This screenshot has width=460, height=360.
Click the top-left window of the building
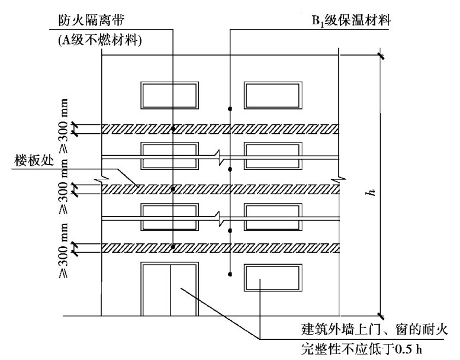pos(169,95)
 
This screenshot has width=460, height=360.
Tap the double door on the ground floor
pos(169,290)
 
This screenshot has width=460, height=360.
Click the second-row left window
pos(169,156)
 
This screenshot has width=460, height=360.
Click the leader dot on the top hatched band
pos(172,128)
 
